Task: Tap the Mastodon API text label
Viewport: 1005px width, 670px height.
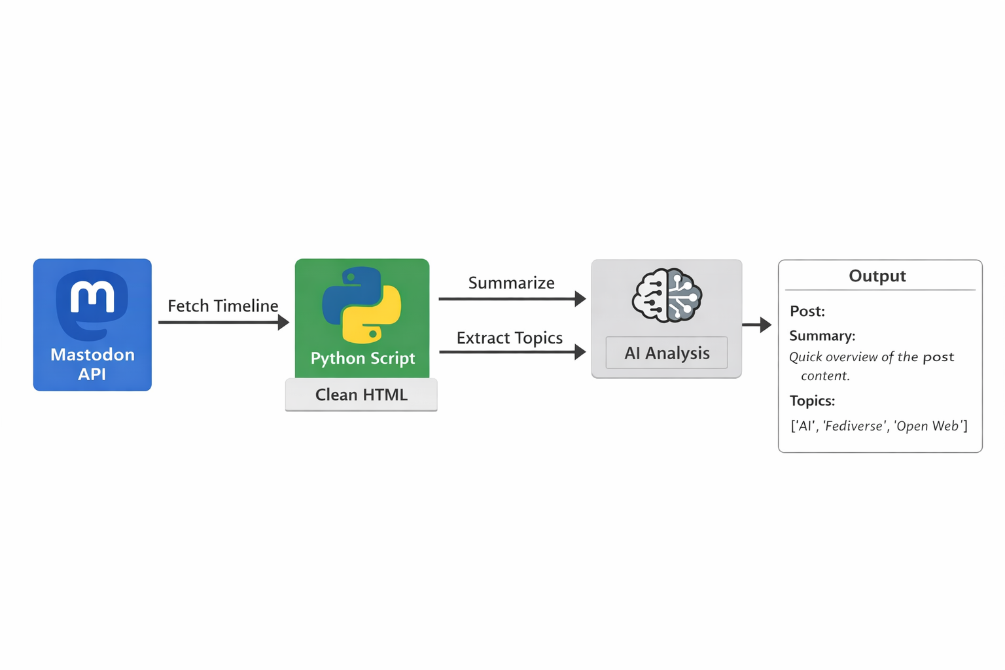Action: (x=92, y=364)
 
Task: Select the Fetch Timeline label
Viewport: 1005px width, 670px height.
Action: (x=222, y=306)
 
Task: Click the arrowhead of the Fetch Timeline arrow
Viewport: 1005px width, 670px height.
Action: (x=283, y=322)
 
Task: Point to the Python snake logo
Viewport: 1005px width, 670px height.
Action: (x=362, y=305)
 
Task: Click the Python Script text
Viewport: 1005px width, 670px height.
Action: (x=362, y=358)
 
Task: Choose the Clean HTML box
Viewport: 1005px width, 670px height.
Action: (x=361, y=395)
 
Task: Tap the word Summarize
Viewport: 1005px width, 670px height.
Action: (x=511, y=283)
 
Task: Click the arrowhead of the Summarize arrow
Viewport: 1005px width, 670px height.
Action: (x=580, y=299)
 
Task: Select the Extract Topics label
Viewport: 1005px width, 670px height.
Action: (x=509, y=338)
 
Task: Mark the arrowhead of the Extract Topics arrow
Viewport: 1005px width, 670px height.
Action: (x=580, y=352)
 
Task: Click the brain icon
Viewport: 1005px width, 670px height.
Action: (x=667, y=296)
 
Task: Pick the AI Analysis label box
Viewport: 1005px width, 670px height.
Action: (x=666, y=353)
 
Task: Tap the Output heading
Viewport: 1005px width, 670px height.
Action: (x=877, y=276)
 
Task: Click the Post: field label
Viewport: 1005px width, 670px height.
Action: (x=807, y=311)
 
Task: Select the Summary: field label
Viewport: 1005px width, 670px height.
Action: (x=822, y=336)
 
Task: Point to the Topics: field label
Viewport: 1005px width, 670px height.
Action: (x=812, y=400)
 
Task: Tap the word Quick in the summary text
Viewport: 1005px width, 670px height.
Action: (x=805, y=357)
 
